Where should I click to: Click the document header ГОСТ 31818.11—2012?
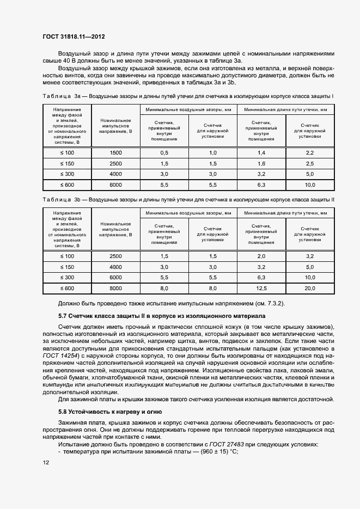pyautogui.click(x=74, y=37)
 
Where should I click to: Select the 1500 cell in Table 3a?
pyautogui.click(x=115, y=154)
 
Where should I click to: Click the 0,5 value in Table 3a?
pyautogui.click(x=164, y=154)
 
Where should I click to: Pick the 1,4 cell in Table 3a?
pyautogui.click(x=261, y=154)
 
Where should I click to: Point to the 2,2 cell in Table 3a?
pyautogui.click(x=310, y=154)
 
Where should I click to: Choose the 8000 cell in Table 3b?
pyautogui.click(x=115, y=288)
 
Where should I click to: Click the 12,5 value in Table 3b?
pyautogui.click(x=261, y=288)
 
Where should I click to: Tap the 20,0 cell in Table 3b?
pyautogui.click(x=310, y=288)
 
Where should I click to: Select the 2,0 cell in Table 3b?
pyautogui.click(x=261, y=256)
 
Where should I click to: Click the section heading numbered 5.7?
pyautogui.click(x=161, y=315)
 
